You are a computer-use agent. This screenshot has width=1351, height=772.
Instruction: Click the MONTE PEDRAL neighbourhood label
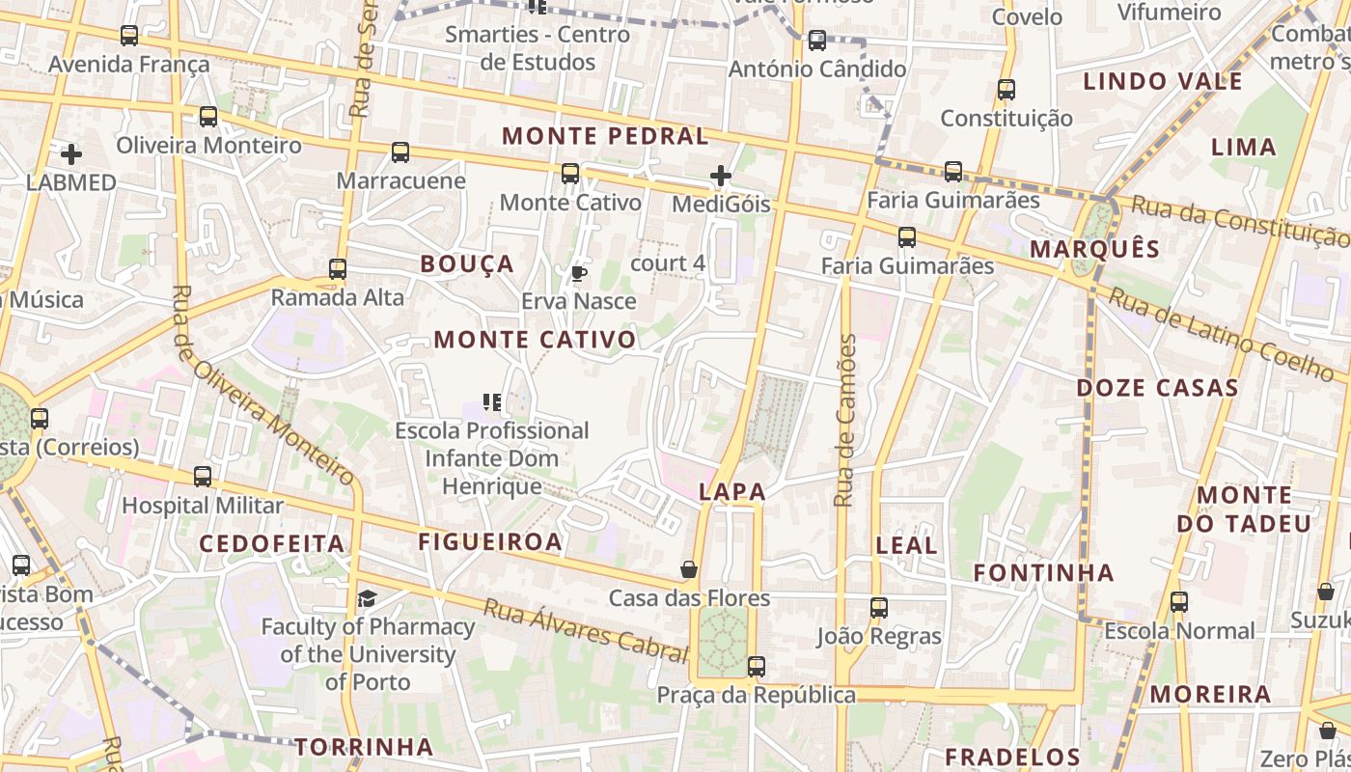pos(605,136)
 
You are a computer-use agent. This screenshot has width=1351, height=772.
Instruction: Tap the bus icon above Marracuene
pos(400,152)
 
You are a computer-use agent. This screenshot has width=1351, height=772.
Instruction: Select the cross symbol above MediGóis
pos(721,176)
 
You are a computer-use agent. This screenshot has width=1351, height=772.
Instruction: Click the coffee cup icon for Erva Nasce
pos(578,274)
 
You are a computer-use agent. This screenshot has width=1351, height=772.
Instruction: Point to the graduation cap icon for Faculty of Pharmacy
pos(367,599)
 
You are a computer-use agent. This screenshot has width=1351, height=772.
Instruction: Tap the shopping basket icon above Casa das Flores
pos(689,569)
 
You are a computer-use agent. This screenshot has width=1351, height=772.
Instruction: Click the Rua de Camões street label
pos(845,421)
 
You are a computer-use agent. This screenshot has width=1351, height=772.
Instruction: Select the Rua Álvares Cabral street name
pos(586,630)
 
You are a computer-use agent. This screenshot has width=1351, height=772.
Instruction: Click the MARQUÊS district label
pos(1094,249)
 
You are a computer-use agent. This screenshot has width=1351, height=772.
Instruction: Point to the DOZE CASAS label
pos(1157,388)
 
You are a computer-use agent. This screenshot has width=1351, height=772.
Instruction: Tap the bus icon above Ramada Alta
pos(338,269)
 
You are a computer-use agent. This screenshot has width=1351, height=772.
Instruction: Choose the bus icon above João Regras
pos(878,608)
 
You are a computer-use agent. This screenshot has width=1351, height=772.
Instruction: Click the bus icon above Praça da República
pos(757,667)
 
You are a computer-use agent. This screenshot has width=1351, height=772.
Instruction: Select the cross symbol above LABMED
pos(71,154)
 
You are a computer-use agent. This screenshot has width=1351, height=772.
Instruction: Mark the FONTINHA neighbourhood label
pos(1043,573)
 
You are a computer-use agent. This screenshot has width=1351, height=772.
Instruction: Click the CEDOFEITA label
pos(272,543)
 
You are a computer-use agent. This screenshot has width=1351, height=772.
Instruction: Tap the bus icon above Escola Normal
pos(1178,602)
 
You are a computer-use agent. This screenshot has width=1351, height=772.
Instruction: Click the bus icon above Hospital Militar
pos(203,477)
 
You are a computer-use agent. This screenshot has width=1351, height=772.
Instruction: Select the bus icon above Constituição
pos(1006,90)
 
